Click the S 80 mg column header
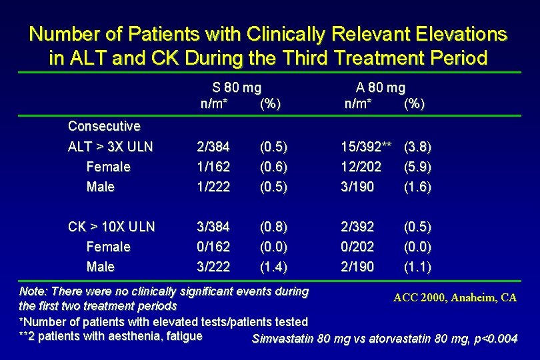point(236,87)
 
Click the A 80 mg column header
point(380,87)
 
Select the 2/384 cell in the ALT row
point(213,147)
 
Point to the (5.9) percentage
point(418,167)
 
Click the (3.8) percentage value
point(418,147)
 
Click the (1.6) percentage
point(418,187)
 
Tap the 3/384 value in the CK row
point(213,227)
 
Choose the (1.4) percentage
point(274,267)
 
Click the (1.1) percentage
point(418,267)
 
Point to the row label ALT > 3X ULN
point(111,147)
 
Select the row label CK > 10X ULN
point(111,227)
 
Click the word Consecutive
point(104,126)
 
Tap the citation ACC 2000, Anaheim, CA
point(455,297)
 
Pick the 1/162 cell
point(213,167)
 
